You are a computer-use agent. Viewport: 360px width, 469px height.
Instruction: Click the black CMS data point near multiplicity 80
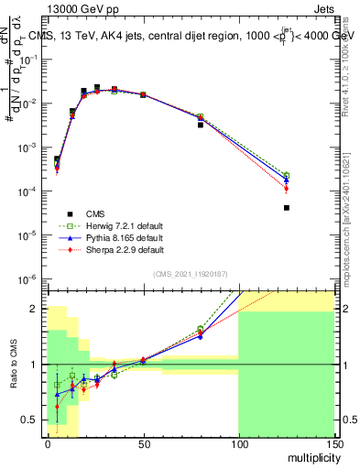pos(201,125)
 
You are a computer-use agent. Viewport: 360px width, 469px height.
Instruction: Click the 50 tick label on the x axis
pos(143,444)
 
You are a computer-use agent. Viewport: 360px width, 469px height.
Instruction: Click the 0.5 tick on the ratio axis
pos(33,420)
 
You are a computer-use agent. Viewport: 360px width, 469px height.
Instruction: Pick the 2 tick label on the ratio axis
pos(37,309)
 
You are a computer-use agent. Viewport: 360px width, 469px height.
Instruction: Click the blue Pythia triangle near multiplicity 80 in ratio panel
pos(201,336)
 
